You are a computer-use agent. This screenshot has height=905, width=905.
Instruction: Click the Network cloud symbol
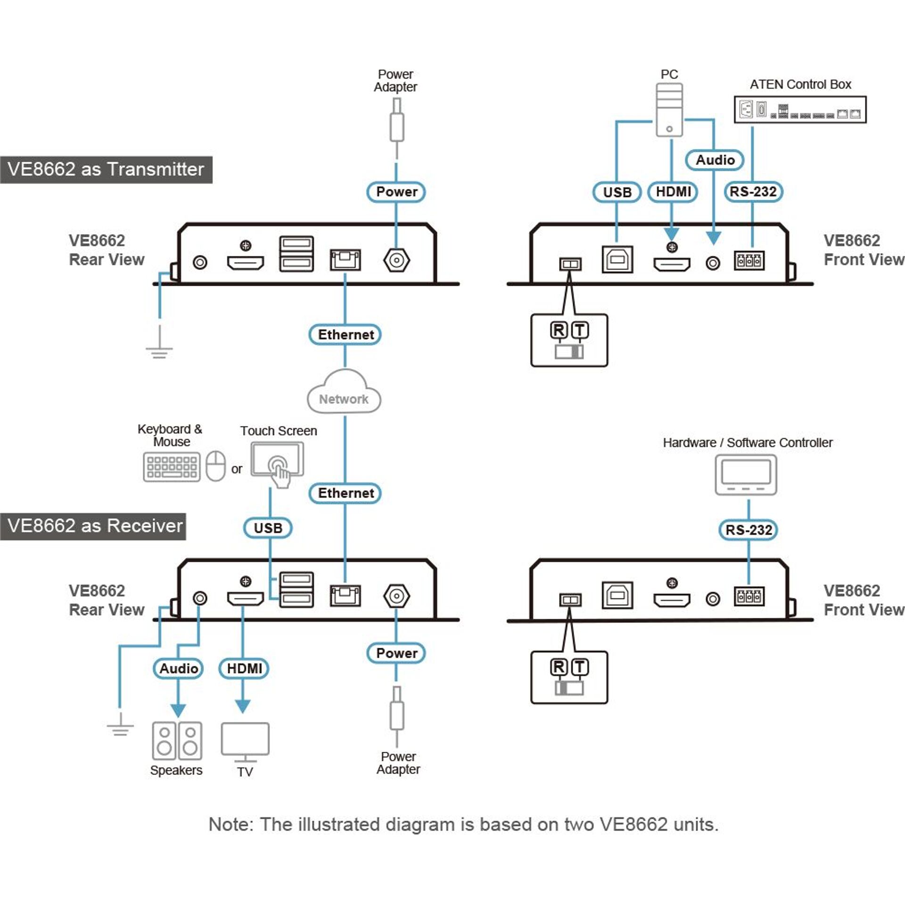344,393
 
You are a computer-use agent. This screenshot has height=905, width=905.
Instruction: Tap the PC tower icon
669,110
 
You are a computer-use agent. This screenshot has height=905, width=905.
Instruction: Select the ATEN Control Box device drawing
800,110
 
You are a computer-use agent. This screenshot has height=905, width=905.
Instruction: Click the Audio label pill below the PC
715,160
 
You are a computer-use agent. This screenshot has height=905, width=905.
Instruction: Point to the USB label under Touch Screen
268,527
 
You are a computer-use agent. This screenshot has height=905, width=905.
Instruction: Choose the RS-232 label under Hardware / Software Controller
749,529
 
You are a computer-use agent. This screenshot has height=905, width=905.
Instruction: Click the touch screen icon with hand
277,463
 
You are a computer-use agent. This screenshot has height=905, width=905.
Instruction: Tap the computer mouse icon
215,466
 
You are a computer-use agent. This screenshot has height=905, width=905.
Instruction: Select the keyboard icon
172,467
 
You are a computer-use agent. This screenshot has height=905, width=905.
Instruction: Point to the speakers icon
177,740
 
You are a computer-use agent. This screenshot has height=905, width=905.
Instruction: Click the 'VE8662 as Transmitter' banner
106,169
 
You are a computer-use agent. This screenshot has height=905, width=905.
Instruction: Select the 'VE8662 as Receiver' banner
93,526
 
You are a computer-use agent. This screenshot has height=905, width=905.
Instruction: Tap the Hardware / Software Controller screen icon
746,475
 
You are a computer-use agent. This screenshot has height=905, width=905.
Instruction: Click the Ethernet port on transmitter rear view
345,260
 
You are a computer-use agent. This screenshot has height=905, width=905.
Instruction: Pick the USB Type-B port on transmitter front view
617,259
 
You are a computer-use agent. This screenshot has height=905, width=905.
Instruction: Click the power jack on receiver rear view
396,596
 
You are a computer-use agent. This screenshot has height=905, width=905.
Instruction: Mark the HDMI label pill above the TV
244,668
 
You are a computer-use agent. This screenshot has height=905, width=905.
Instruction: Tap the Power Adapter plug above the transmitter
396,125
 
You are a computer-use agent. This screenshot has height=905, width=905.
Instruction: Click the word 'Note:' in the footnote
231,824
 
